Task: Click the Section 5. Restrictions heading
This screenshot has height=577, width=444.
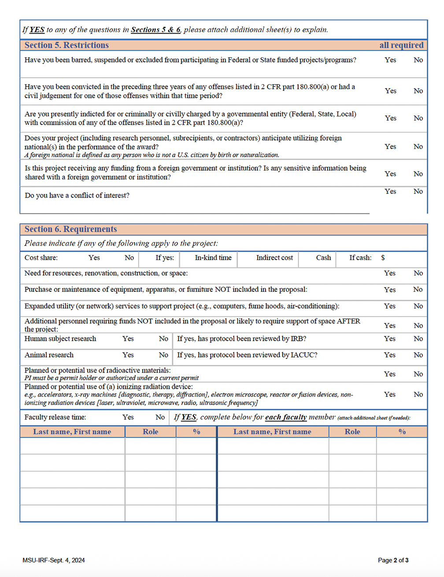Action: (67, 45)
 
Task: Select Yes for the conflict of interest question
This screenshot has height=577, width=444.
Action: (390, 191)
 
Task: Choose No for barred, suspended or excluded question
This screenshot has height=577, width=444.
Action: (418, 60)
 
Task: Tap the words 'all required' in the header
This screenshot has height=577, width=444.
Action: (401, 45)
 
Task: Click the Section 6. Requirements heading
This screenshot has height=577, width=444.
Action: (70, 229)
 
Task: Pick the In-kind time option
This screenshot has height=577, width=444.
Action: (213, 258)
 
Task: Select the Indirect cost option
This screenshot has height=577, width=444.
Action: (274, 258)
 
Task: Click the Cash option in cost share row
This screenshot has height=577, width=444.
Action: (323, 258)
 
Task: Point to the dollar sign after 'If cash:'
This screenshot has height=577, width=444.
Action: (383, 258)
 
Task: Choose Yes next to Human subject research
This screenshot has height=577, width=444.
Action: (128, 339)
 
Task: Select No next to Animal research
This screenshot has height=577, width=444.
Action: (163, 355)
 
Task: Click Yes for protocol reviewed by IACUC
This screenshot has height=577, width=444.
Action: (390, 355)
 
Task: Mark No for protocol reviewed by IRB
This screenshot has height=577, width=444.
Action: (418, 339)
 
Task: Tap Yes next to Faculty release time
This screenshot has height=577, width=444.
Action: (128, 417)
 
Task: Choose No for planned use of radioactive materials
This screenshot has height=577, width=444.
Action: (418, 374)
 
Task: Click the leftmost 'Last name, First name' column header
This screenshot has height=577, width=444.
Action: (72, 432)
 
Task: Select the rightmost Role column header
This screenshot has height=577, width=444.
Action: (352, 432)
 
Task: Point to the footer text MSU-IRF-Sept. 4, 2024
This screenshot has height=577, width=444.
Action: (54, 560)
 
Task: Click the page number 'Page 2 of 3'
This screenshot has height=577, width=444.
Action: (393, 560)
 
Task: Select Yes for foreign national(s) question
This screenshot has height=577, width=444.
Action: (390, 146)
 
